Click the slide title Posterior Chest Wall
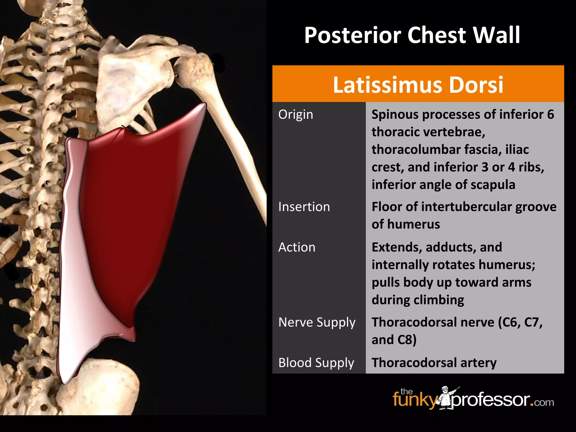pos(412,35)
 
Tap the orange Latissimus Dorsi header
pos(418,84)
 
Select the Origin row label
pos(296,114)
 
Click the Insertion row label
pos(304,207)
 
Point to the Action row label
pos(297,247)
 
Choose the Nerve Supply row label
pos(317,322)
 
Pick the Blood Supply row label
pos(316,363)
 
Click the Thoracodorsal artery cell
pos(434,363)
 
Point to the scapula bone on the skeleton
pos(124,84)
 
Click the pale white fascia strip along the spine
pos(70,281)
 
